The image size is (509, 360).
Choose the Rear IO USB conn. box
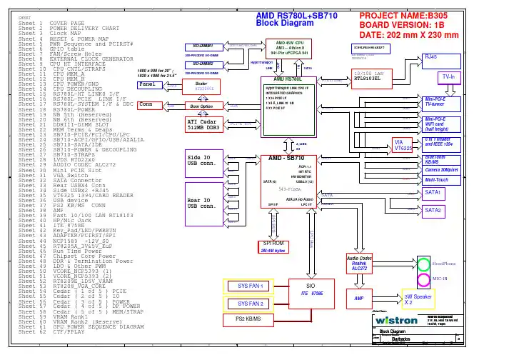[206, 202]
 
